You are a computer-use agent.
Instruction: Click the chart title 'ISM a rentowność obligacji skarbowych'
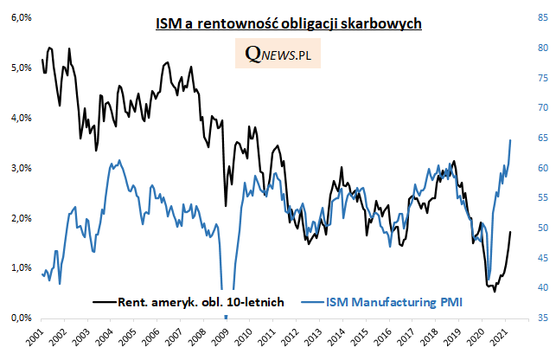288,25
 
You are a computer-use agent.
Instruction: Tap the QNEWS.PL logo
278,56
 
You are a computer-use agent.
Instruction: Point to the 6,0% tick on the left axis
20,17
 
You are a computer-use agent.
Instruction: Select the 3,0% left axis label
20,168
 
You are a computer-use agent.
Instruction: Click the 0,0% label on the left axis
20,318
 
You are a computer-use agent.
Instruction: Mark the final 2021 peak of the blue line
510,139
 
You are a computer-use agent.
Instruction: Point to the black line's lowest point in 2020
495,291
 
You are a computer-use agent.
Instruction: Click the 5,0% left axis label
20,67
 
